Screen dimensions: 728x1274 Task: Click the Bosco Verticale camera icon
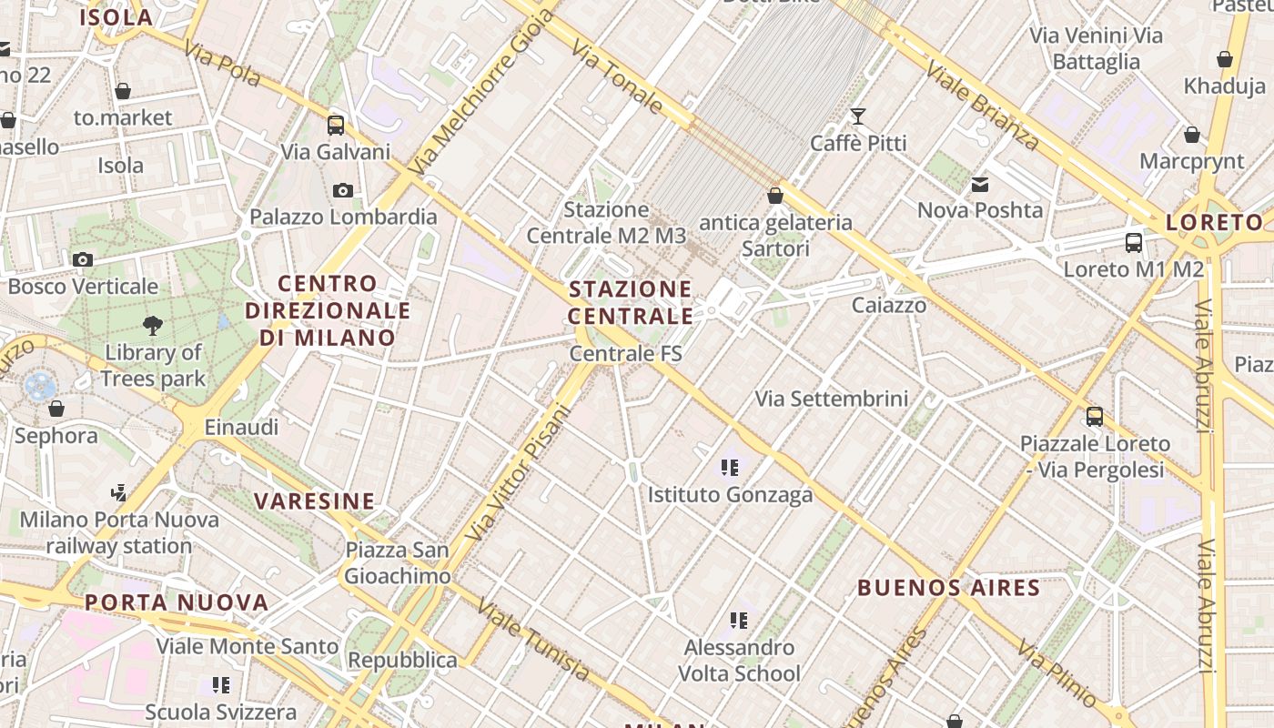pyautogui.click(x=83, y=260)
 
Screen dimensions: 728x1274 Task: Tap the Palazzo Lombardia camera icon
pyautogui.click(x=343, y=190)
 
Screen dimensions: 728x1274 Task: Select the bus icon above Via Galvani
pyautogui.click(x=336, y=126)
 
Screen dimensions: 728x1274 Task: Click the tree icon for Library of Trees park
pyautogui.click(x=153, y=325)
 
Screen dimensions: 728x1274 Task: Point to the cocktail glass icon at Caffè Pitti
pyautogui.click(x=857, y=116)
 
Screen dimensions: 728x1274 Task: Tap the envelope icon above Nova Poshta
pyautogui.click(x=980, y=185)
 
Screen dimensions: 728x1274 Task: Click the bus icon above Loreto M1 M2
pyautogui.click(x=1134, y=243)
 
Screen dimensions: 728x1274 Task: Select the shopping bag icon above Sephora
pyautogui.click(x=56, y=409)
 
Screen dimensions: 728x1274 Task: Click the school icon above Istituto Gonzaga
pyautogui.click(x=729, y=468)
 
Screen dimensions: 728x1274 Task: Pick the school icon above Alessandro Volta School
pyautogui.click(x=739, y=621)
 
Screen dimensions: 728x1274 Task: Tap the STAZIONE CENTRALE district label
pyautogui.click(x=631, y=302)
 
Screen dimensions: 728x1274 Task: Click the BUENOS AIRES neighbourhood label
pyautogui.click(x=947, y=587)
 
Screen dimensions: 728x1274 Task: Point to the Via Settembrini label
pyautogui.click(x=832, y=399)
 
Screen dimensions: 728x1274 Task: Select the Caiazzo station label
pyautogui.click(x=889, y=305)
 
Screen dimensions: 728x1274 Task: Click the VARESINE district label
pyautogui.click(x=314, y=500)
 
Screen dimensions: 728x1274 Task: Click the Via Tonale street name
pyautogui.click(x=619, y=76)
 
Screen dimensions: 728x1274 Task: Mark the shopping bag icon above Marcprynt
pyautogui.click(x=1192, y=136)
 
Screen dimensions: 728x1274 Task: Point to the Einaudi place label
pyautogui.click(x=241, y=427)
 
